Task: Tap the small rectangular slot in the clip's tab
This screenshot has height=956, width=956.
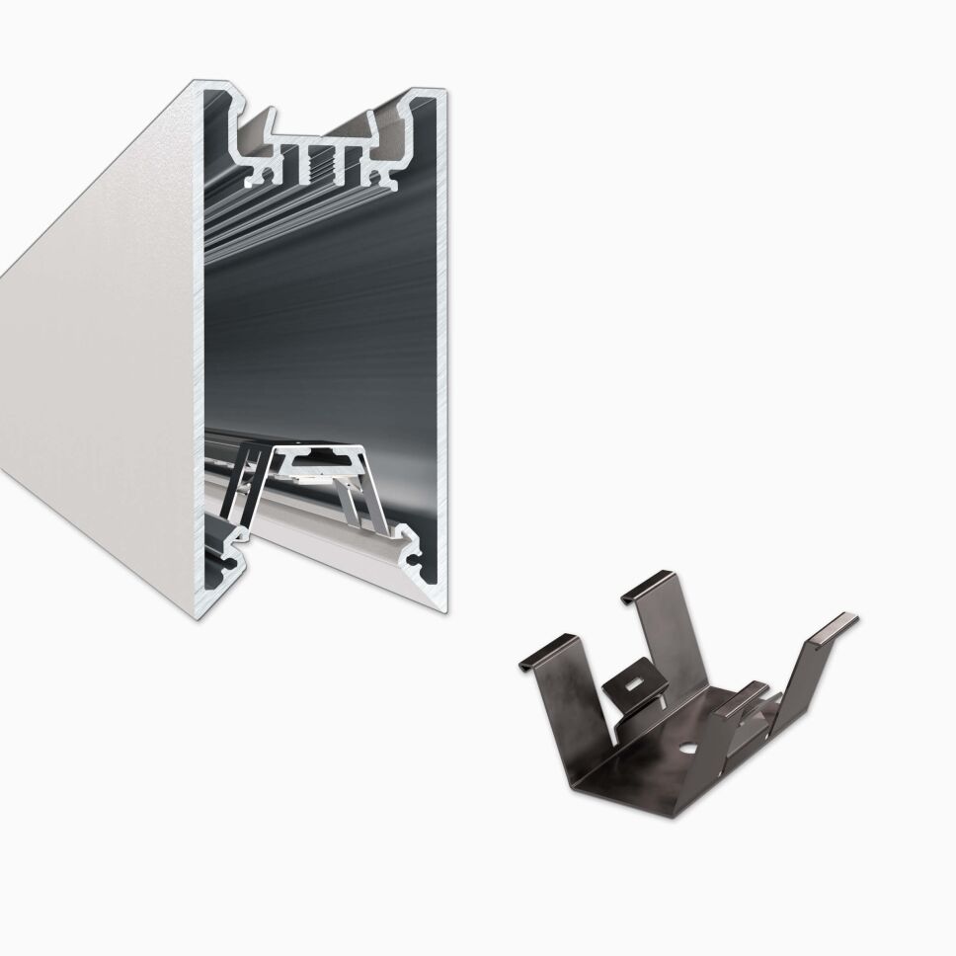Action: [x=629, y=680]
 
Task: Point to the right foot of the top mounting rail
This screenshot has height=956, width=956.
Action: [x=386, y=178]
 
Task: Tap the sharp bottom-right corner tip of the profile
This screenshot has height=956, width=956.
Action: [x=445, y=610]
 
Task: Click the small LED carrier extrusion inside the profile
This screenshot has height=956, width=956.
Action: [x=316, y=460]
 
